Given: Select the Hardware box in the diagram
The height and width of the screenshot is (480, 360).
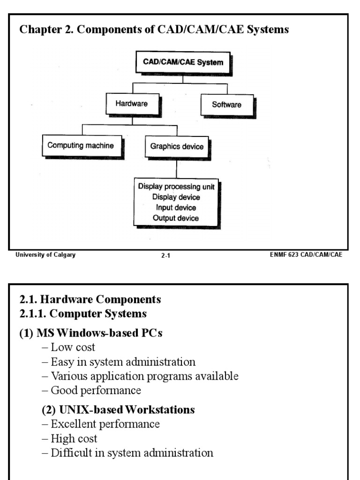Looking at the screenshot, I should click(x=131, y=103).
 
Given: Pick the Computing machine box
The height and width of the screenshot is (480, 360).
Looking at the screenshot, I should click(x=81, y=145).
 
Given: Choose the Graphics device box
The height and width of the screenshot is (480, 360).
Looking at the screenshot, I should click(x=177, y=146).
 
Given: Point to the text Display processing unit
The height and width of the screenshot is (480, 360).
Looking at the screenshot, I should click(x=176, y=186).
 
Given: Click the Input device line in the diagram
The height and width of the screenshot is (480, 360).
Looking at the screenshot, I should click(x=176, y=208).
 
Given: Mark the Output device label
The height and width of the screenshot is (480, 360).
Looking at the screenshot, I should click(x=176, y=218).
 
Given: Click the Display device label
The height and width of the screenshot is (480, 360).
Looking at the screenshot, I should click(x=176, y=197).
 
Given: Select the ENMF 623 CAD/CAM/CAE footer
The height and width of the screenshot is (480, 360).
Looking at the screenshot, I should click(x=306, y=255).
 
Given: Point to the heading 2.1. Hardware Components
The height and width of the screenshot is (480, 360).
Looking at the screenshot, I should click(x=90, y=299).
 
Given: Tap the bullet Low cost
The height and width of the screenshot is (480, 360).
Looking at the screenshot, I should click(x=68, y=347).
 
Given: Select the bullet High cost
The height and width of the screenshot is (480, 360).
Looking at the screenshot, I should click(x=70, y=439).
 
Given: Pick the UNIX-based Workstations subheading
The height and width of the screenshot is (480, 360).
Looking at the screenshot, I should click(x=118, y=410).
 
